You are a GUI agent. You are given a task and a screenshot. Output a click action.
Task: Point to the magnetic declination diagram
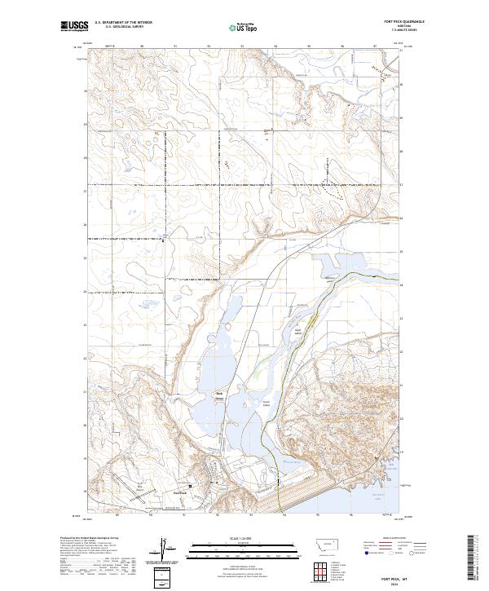click(164, 548)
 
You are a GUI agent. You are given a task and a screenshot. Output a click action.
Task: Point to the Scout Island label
click(266, 401)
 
